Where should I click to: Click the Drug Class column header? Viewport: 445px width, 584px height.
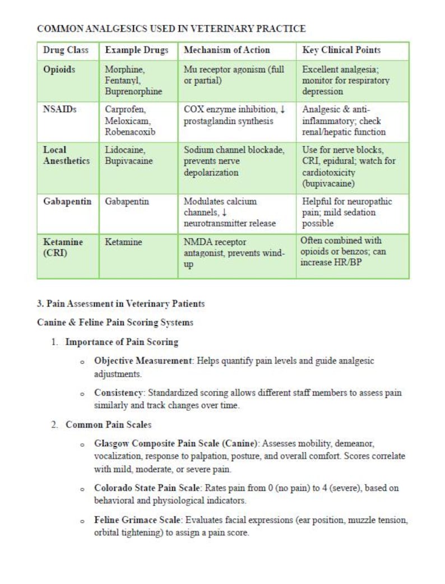pos(66,50)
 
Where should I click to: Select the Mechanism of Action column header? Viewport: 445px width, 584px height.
pos(227,50)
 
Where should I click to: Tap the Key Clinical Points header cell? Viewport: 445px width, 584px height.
pos(341,50)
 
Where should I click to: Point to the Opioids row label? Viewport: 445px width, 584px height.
pos(59,70)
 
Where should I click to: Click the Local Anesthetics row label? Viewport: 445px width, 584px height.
pos(66,155)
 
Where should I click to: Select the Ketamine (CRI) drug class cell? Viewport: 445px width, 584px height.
pos(63,247)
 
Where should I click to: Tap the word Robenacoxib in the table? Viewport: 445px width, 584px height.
pos(129,132)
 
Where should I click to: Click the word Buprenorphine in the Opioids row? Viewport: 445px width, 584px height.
pos(133,91)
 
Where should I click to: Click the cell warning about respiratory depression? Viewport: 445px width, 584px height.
pos(345,81)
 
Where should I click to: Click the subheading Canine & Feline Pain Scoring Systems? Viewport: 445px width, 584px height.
pos(115,322)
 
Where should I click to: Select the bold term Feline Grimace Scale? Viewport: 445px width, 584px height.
pos(138,520)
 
